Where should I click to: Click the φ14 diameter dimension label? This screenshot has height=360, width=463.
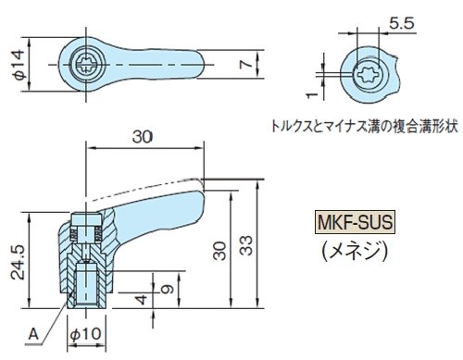[x=19, y=65]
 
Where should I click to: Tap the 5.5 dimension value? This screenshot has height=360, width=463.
[x=401, y=23]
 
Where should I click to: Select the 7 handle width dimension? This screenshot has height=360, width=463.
[x=246, y=64]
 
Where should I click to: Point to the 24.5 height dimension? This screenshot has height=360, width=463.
[x=17, y=262]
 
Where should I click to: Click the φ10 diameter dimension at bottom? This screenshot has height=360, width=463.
[x=86, y=334]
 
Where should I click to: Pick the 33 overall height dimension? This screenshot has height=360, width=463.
[x=246, y=245]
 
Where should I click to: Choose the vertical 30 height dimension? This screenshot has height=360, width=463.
[x=219, y=251]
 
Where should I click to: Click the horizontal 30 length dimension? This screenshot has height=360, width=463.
[x=143, y=137]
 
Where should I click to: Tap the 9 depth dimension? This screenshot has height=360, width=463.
[x=168, y=289]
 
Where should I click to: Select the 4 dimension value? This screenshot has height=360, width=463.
[x=142, y=299]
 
